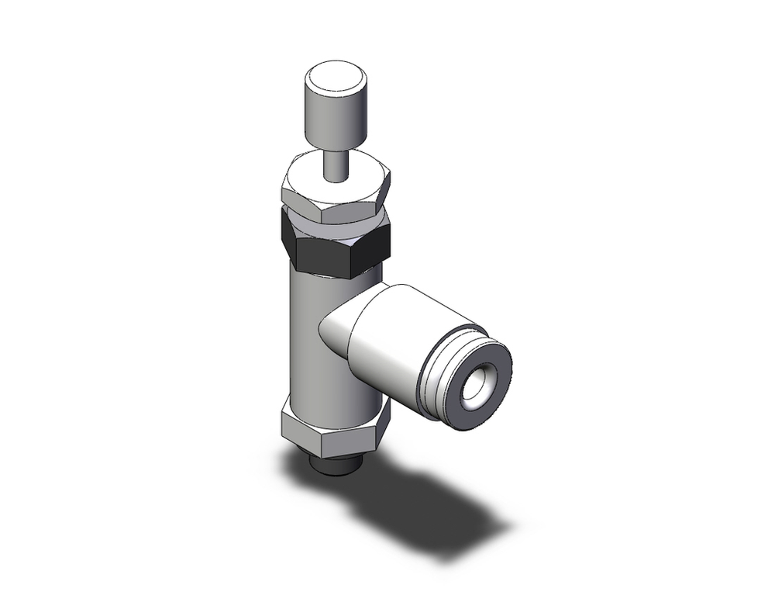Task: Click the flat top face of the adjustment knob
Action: coord(336,79)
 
